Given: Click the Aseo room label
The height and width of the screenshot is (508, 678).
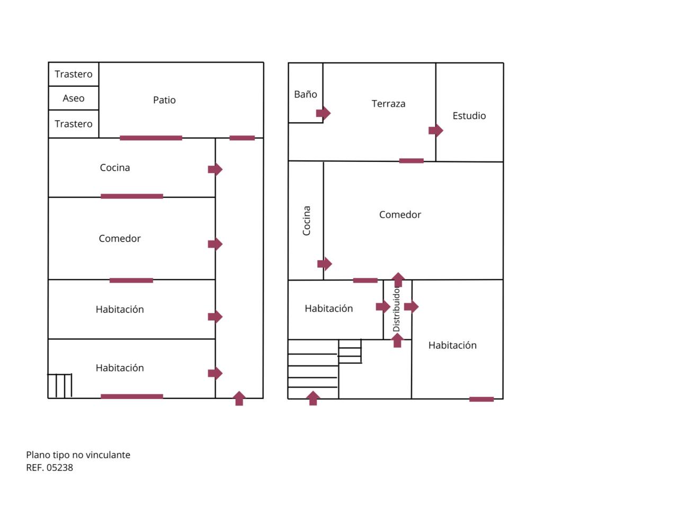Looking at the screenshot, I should tap(73, 98).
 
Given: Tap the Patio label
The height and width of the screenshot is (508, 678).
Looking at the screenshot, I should tap(164, 100).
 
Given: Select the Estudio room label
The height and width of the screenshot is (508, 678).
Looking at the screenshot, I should tap(469, 116).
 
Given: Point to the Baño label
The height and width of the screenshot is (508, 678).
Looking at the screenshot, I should tap(306, 95).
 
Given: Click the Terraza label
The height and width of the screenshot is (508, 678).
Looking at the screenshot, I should tap(388, 104).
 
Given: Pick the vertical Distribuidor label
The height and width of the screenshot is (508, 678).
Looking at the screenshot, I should tap(396, 310).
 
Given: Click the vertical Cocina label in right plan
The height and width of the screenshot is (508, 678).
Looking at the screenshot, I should tap(306, 221).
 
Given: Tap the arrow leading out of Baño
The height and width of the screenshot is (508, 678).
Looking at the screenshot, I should tap(323, 113).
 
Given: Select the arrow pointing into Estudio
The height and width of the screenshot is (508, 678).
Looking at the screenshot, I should tap(435, 130).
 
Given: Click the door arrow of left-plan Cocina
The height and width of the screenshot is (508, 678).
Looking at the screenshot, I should tap(215, 169).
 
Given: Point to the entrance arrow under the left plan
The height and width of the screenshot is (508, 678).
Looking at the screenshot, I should tap(239, 398).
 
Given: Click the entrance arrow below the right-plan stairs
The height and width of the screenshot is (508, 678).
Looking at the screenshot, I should tap(313, 398).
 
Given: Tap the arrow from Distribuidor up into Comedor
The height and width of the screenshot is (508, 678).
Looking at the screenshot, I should tap(398, 279).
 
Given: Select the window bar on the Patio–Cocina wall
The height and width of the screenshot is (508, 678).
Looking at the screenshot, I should tap(151, 138).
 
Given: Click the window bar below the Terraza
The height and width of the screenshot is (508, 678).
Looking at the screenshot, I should tap(411, 161).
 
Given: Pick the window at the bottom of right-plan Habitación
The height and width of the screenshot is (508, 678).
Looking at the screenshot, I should tap(481, 400).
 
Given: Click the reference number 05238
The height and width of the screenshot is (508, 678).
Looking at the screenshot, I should tap(60, 468).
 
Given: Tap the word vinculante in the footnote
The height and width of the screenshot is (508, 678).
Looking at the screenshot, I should tap(109, 455).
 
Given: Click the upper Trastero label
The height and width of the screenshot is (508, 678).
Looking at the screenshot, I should tap(73, 75).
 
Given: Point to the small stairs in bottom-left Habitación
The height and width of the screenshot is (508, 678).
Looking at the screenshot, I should tap(60, 386).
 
